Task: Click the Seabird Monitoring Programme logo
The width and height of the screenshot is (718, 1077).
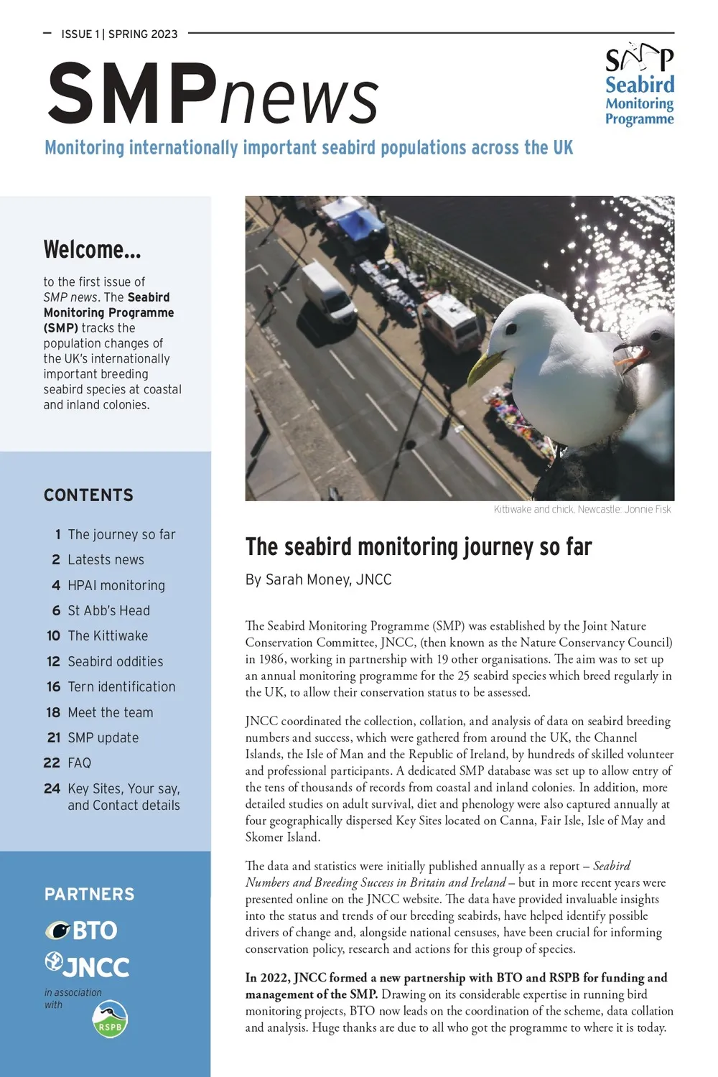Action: coord(639,85)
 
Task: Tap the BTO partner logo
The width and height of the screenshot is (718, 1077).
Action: coord(81,931)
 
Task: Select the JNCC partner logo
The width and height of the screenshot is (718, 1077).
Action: coord(87,966)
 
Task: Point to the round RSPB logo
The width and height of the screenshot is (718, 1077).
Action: coord(110,1019)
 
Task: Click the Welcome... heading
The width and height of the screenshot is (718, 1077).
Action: coord(92,250)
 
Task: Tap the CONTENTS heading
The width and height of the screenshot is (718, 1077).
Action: coord(88,495)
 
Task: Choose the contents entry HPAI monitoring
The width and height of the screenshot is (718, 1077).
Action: coord(116,585)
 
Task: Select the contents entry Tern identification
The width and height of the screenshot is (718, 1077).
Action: coord(121,687)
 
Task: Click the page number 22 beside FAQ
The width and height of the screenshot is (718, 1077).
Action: coord(52,763)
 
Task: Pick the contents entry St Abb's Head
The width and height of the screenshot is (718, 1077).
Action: coord(108,610)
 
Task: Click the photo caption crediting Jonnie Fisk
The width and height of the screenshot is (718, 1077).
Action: coord(582,509)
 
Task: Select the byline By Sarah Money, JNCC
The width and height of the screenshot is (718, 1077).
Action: coord(318,579)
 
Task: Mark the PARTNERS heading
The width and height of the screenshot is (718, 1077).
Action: coord(89,895)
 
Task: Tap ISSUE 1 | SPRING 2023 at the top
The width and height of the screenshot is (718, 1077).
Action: coord(119,34)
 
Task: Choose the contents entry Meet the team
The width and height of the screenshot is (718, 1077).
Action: coord(111,712)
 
